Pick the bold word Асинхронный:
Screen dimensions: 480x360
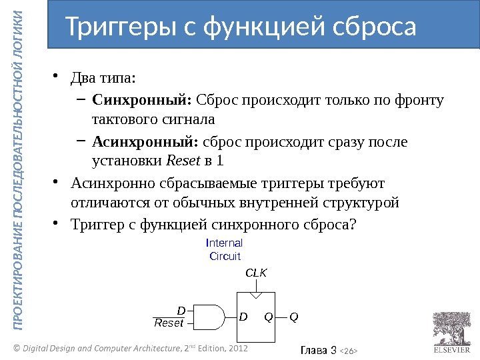point(145,142)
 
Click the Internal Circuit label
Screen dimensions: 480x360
point(225,249)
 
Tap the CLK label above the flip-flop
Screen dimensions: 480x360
point(257,273)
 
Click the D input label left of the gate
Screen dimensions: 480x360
point(179,310)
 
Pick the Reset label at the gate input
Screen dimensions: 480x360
point(169,323)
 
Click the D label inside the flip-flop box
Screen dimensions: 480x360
point(243,317)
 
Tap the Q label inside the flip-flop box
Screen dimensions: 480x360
point(268,317)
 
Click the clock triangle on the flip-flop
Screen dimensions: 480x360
point(257,295)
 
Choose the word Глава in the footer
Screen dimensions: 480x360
point(315,349)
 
